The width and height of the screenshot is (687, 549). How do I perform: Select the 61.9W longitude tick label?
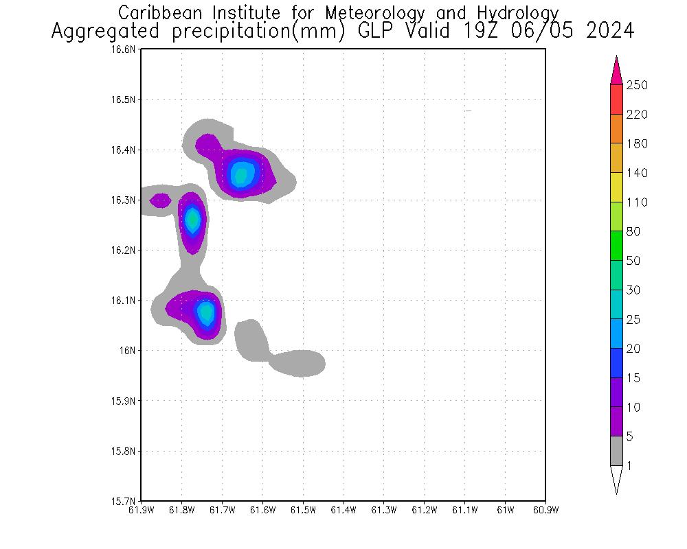141,510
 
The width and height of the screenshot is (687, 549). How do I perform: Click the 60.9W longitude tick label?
545,510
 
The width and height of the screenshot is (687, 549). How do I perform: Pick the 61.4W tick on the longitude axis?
343,510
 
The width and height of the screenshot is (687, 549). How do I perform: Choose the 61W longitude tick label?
505,510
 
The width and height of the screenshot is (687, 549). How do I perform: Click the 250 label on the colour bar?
638,85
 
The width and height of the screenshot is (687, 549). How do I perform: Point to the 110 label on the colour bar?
638,202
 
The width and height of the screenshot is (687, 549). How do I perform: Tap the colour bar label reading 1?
630,466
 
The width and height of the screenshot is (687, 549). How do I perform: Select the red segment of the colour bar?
616,100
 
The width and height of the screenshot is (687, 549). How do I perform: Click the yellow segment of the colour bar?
616,187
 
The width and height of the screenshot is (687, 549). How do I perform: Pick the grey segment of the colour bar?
616,451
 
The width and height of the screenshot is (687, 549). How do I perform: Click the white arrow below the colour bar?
616,479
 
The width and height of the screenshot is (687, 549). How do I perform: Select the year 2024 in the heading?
609,32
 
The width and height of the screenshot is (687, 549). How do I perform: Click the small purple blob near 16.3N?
160,200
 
